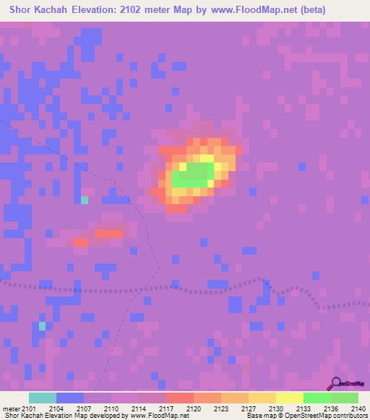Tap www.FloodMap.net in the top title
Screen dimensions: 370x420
pos(247,10)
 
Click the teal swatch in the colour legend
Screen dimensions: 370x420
pos(43,398)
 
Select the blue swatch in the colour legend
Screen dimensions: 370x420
pos(70,398)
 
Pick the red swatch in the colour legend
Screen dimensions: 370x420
pos(180,398)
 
